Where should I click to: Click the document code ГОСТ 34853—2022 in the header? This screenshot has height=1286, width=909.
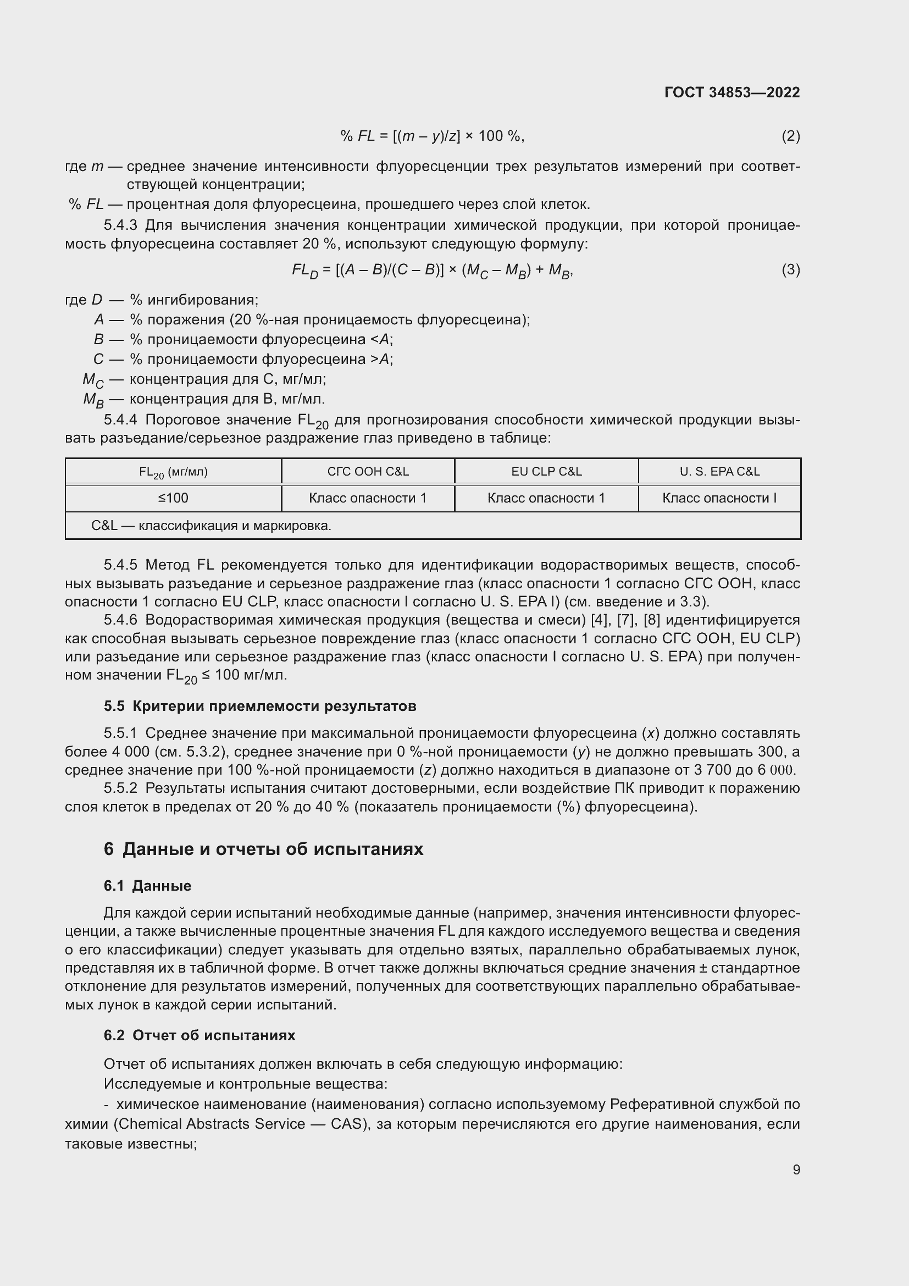[x=731, y=92]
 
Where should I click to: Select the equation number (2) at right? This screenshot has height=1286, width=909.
[x=790, y=136]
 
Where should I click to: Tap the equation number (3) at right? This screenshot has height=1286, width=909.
[x=790, y=270]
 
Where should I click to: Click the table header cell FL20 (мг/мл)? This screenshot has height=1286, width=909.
[x=173, y=472]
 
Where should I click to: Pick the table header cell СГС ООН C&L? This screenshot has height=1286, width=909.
[x=368, y=472]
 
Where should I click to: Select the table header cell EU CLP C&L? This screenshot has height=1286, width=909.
[x=546, y=472]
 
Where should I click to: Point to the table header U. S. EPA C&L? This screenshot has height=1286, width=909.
[x=719, y=472]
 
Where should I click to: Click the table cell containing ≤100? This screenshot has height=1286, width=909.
[x=173, y=498]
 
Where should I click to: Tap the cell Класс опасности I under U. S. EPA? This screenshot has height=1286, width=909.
[x=719, y=498]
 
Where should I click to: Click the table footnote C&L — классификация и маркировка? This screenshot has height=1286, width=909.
[x=211, y=526]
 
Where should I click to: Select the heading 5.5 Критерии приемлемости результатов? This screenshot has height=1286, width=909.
[x=260, y=707]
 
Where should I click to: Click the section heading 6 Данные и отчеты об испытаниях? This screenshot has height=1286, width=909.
[x=263, y=849]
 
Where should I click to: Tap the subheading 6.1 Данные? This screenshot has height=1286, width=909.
[x=147, y=886]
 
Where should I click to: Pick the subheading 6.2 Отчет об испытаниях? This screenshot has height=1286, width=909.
[x=199, y=1035]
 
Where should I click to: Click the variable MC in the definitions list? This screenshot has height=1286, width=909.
[x=93, y=380]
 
